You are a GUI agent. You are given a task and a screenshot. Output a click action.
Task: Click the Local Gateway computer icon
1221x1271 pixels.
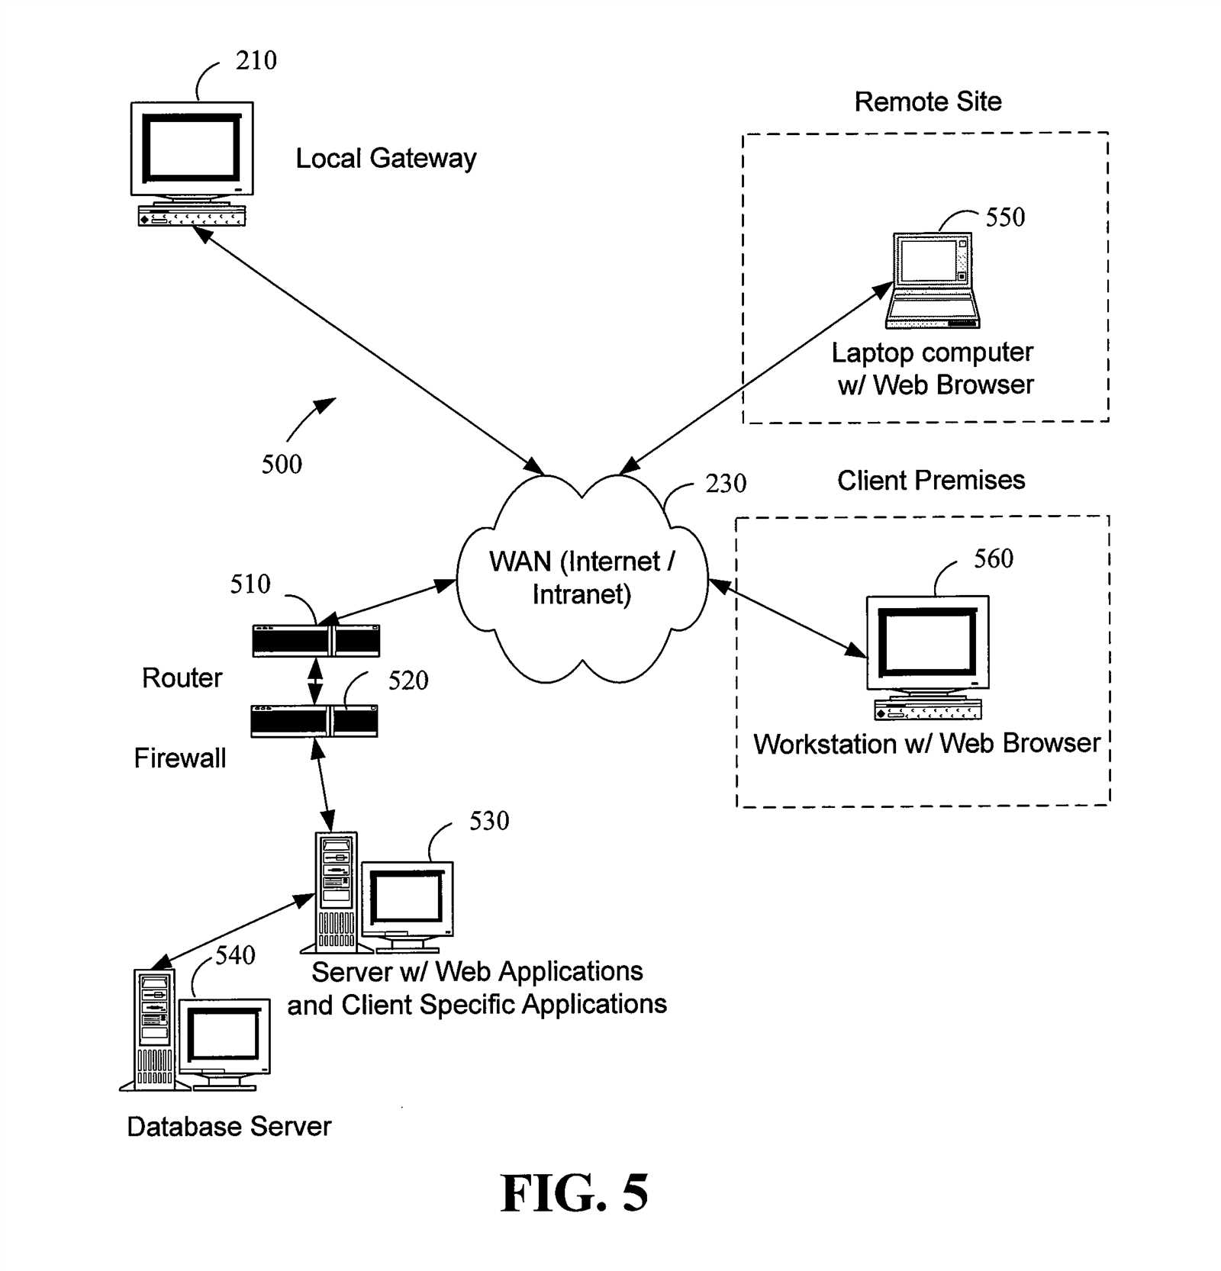point(192,164)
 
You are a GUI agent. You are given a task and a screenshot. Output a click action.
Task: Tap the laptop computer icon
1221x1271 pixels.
point(933,280)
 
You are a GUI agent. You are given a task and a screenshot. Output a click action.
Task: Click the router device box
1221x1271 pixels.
point(316,641)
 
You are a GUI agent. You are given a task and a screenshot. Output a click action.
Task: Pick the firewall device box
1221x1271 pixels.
point(314,721)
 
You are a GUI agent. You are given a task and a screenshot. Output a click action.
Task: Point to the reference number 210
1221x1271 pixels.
point(256,60)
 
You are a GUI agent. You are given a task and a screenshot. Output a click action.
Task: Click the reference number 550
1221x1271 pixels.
point(1005,217)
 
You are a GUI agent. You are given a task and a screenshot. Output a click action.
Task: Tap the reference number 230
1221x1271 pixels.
point(726,483)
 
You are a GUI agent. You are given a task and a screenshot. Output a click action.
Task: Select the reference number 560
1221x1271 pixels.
point(994,558)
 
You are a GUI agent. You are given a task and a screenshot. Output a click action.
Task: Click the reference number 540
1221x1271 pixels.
point(235,955)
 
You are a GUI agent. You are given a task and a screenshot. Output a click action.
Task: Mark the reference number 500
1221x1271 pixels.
point(282,464)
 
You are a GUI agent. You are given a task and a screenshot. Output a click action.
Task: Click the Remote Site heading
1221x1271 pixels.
point(928,101)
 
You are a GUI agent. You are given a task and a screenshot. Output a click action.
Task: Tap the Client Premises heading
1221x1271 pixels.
point(931,480)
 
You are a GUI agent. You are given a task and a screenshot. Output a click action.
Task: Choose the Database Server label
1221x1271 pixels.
point(229,1127)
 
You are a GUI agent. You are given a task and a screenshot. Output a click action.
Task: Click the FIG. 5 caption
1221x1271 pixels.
point(574,1193)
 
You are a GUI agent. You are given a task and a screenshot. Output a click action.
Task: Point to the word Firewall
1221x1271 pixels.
point(180,758)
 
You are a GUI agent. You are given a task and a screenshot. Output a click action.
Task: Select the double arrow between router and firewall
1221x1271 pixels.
point(315,681)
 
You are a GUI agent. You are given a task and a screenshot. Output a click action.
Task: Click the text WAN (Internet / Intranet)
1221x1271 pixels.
point(582,578)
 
